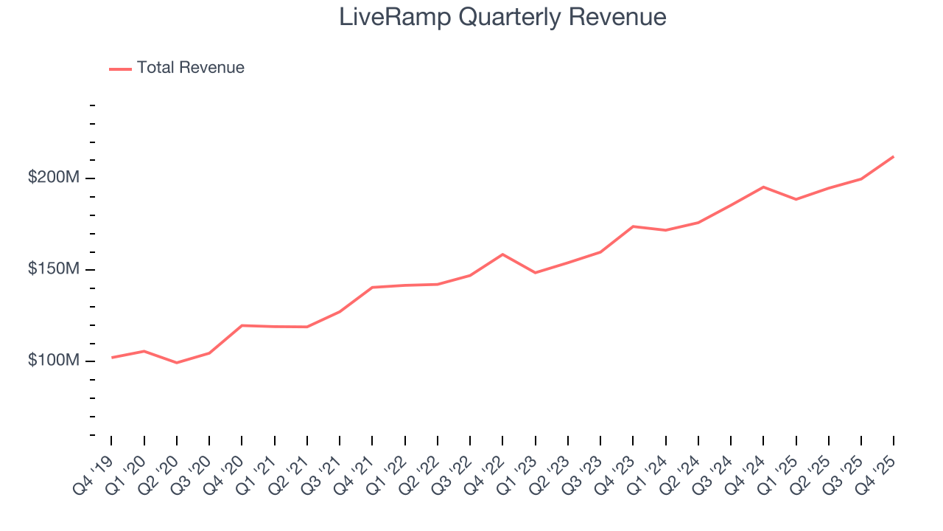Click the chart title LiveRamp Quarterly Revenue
tap(502, 16)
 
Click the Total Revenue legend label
tap(190, 68)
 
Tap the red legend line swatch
tap(120, 69)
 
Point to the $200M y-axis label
tap(54, 178)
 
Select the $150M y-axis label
tap(54, 269)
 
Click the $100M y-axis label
tap(54, 361)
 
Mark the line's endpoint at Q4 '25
tap(893, 156)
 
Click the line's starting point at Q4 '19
tap(111, 358)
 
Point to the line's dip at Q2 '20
tap(177, 363)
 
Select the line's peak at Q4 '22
tap(502, 254)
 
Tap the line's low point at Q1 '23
tap(535, 273)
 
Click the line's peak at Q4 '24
tap(763, 187)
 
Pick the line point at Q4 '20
tap(242, 325)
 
